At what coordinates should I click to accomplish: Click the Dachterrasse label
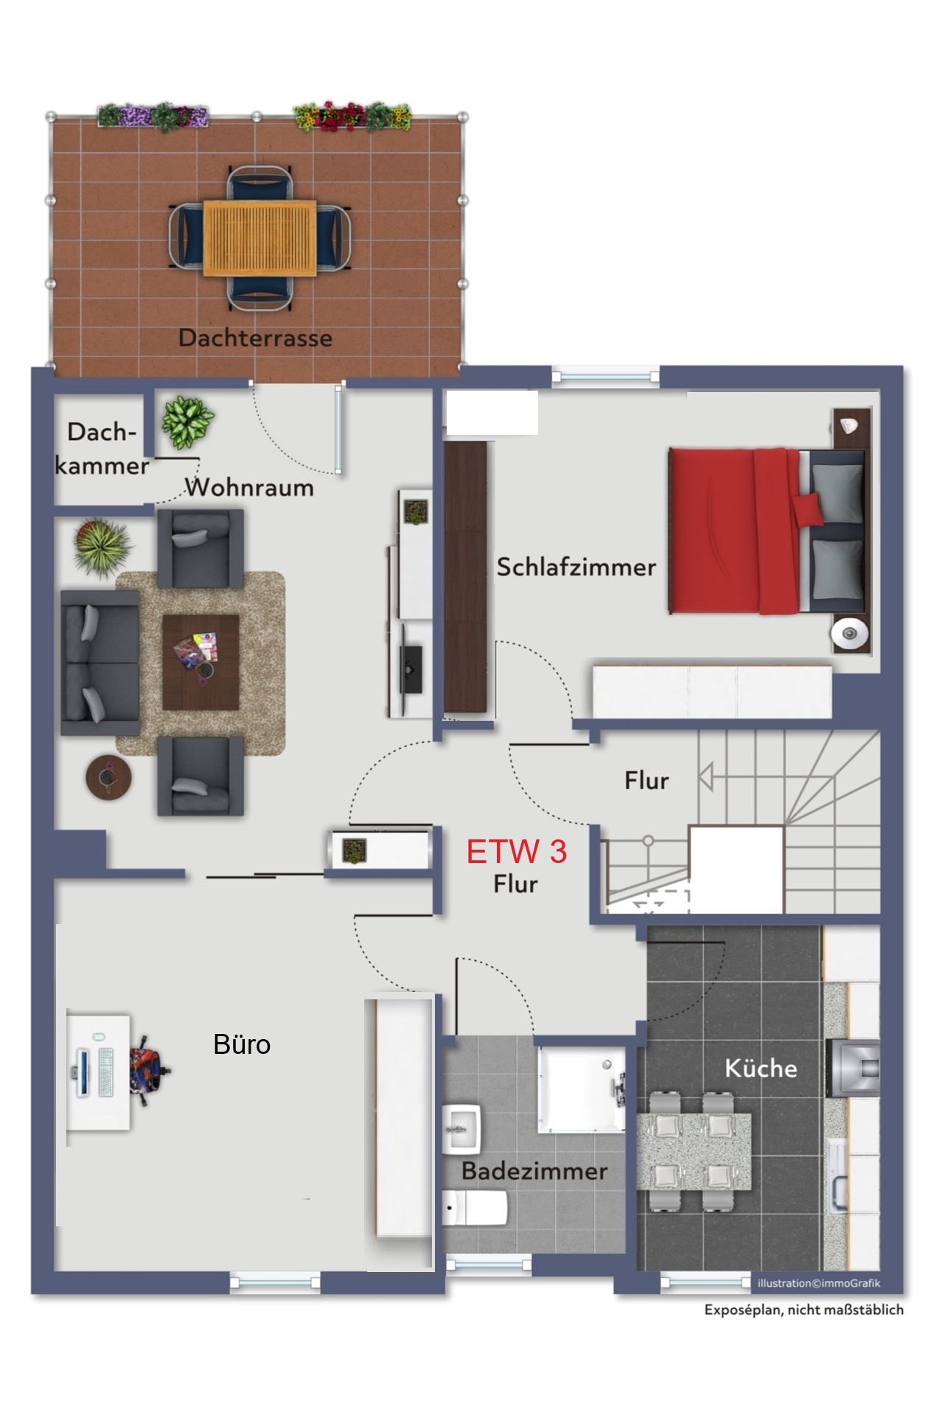click(255, 338)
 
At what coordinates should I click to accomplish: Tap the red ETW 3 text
click(517, 852)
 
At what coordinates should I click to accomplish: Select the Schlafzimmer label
click(576, 567)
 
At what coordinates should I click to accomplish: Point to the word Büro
click(242, 1044)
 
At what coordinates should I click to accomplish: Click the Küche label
click(761, 1068)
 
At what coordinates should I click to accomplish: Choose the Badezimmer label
click(534, 1170)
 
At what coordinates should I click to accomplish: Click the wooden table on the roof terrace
click(259, 238)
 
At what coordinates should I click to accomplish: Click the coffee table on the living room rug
click(201, 662)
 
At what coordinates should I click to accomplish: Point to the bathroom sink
click(462, 1128)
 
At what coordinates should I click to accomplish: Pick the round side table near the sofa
click(109, 778)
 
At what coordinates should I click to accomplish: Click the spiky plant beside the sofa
click(102, 546)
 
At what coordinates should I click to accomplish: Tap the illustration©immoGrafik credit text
click(819, 1283)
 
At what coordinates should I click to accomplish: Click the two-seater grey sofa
click(100, 662)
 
